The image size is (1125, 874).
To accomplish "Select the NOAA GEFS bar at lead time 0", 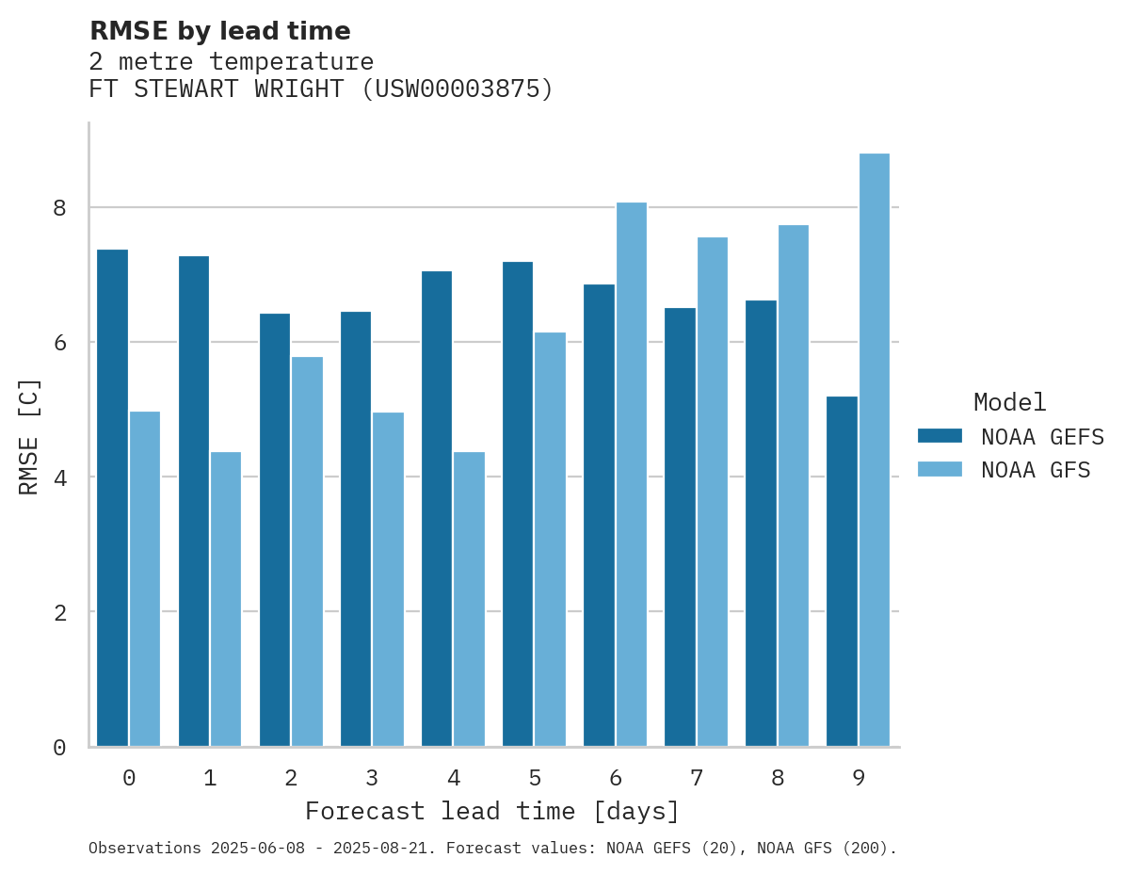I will point(112,498).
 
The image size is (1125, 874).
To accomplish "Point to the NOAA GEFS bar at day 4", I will point(437,509).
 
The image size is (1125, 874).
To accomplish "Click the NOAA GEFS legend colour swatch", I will point(940,436).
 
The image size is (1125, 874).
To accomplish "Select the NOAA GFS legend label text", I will point(1036,470).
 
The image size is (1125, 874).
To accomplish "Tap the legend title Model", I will point(1009,403).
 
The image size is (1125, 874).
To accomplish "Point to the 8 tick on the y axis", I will point(59,207).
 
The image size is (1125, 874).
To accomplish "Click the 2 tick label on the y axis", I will point(59,612).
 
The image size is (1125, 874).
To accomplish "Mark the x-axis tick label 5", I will point(535,779).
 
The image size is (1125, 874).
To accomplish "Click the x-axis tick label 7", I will point(697,779).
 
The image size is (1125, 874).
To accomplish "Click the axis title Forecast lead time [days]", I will point(491,811).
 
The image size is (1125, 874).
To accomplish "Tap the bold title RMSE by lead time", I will point(219,31).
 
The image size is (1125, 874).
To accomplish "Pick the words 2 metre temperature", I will point(231,62).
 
